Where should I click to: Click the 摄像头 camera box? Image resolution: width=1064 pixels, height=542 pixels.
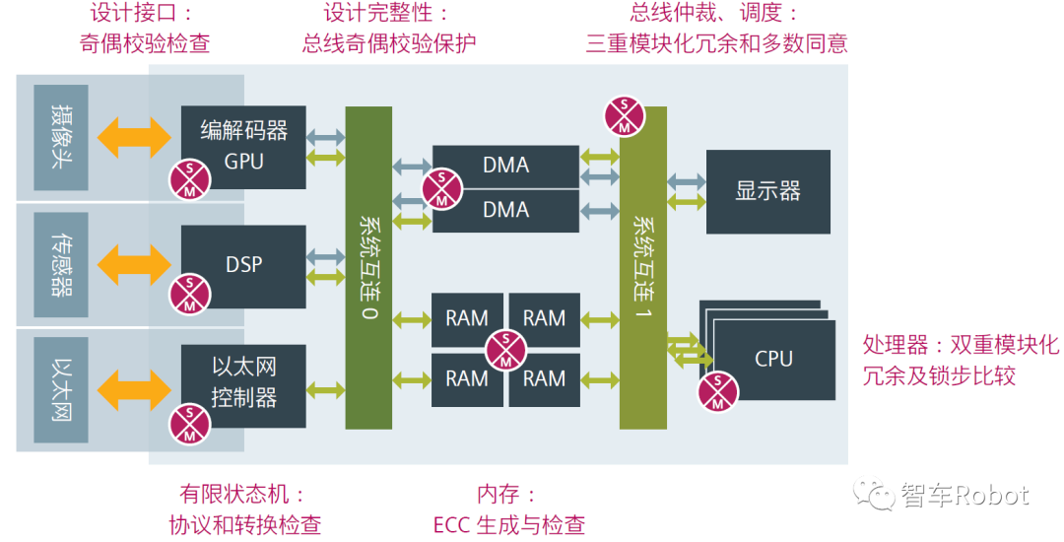[60, 137]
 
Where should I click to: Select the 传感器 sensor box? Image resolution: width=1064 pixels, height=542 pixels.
[60, 265]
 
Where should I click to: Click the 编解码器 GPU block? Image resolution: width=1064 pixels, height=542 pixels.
[243, 145]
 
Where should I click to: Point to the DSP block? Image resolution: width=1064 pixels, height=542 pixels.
[243, 265]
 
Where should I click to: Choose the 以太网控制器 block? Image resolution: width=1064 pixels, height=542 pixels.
[243, 383]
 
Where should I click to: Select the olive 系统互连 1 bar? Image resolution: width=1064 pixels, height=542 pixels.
[642, 266]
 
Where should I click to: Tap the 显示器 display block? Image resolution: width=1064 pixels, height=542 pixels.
[767, 191]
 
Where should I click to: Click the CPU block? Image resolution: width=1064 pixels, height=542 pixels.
[773, 359]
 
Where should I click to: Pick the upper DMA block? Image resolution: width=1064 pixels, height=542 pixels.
[505, 166]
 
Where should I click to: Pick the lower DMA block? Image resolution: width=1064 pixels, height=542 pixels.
[505, 210]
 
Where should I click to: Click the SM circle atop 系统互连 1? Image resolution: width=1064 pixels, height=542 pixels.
[625, 115]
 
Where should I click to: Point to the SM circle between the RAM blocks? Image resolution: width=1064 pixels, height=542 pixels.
[505, 349]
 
